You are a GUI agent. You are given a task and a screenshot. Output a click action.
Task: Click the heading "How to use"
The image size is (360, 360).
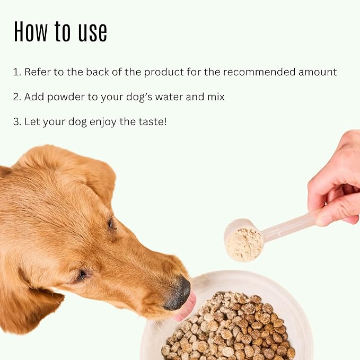(60, 32)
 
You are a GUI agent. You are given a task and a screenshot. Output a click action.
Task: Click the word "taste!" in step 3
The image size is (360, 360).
(151, 121)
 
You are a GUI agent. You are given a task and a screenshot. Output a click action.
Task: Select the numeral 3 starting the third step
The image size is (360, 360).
(16, 122)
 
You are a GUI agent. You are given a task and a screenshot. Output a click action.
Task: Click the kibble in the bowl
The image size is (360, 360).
(233, 329)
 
